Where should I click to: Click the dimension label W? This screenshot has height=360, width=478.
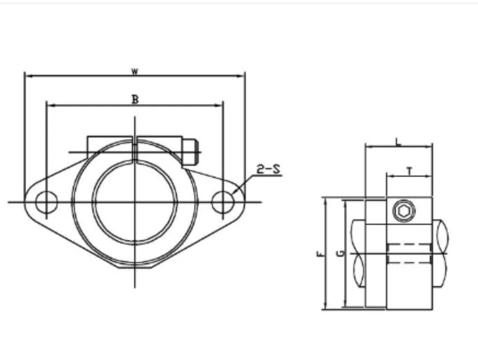tap(134, 71)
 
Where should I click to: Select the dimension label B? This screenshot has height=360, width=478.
tap(135, 99)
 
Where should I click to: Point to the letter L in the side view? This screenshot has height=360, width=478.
tap(398, 142)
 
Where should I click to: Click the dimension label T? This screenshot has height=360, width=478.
tap(410, 171)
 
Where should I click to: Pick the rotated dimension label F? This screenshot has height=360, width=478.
tap(320, 253)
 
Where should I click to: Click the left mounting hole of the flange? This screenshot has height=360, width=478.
tap(46, 202)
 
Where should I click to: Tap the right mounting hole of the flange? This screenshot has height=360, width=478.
tap(222, 202)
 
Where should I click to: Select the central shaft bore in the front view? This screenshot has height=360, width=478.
tap(135, 202)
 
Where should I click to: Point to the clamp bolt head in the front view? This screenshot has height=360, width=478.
tap(188, 152)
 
